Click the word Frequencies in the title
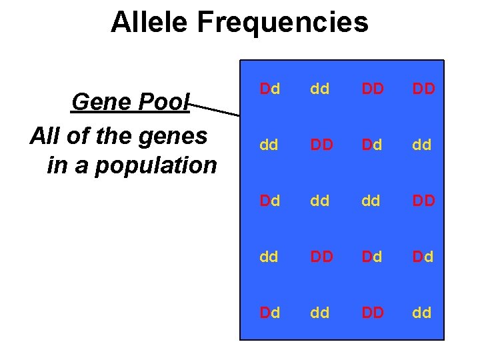283,22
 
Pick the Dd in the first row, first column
269,88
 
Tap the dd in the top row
320,88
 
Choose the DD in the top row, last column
423,88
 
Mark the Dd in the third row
269,200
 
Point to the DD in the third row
423,200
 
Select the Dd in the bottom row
269,312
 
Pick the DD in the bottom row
372,312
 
